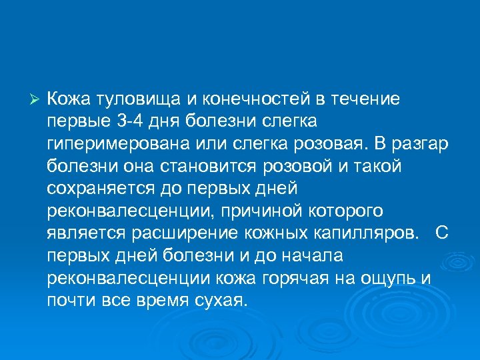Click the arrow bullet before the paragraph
pyautogui.click(x=37, y=100)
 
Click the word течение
pyautogui.click(x=363, y=100)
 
